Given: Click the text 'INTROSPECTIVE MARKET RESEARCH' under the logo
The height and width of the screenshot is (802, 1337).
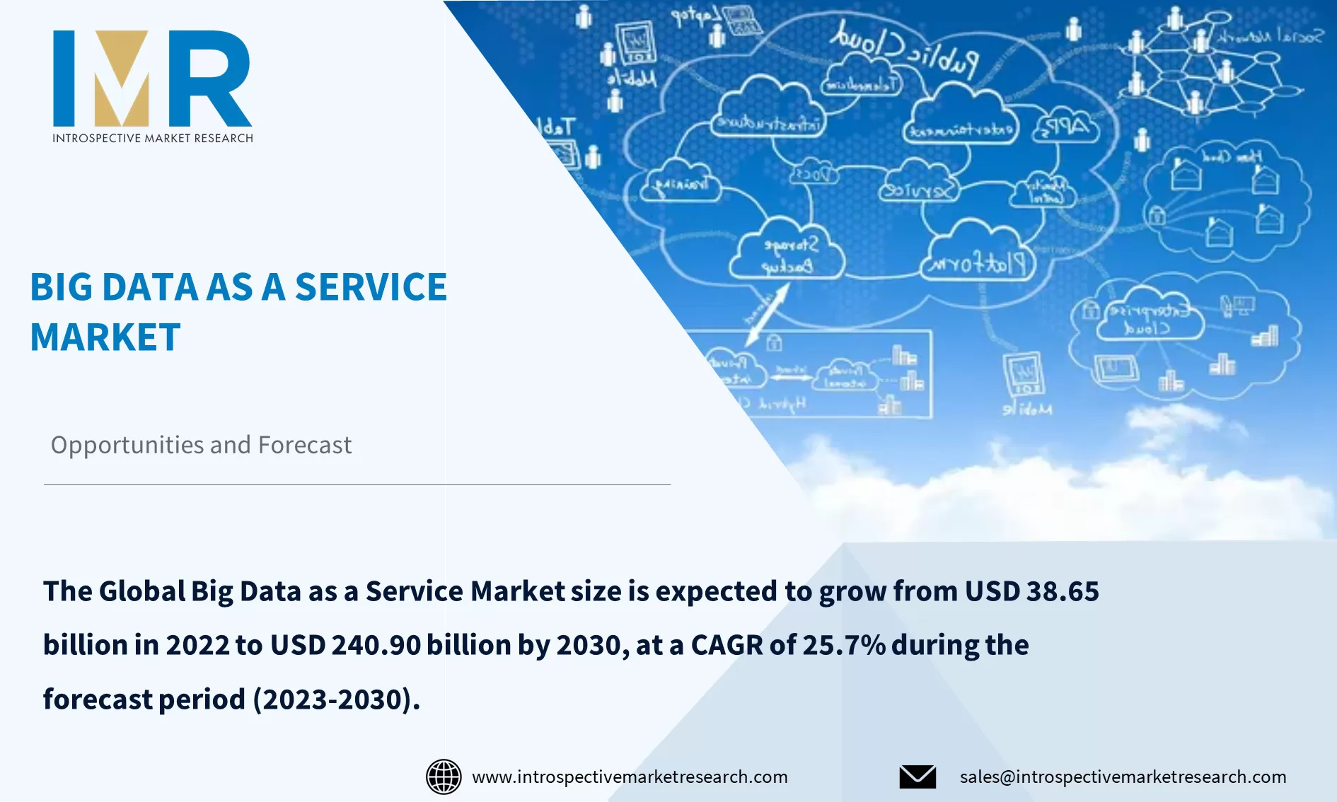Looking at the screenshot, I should (x=152, y=138).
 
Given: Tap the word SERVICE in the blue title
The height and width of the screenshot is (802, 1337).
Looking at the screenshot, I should (x=371, y=287).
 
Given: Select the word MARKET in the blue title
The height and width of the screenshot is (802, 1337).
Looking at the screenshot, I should (x=105, y=337).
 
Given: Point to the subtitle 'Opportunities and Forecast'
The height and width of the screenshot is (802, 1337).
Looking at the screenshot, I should (x=201, y=445).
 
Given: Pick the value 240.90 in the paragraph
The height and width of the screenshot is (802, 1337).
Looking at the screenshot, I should (x=376, y=645).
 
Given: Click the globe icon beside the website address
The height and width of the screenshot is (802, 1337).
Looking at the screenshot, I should (x=444, y=777).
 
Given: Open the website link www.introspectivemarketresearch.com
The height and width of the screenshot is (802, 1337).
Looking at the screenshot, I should (x=630, y=777).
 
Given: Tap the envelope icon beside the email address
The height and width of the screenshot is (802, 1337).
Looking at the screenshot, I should (x=918, y=777).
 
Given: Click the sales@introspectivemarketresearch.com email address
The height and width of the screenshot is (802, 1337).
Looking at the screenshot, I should (x=1123, y=777).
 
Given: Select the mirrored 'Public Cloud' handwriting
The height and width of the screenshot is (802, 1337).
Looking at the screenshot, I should (x=905, y=47).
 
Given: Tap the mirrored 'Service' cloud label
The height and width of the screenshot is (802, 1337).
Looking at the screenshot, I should (x=918, y=190).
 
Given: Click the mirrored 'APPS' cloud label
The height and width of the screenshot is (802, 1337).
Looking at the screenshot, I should (x=1065, y=128).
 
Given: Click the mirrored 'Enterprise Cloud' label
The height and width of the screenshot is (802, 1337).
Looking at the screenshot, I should (x=1147, y=319).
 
